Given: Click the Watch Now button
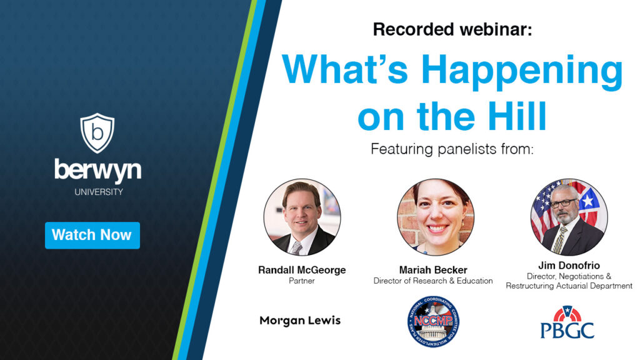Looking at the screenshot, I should pyautogui.click(x=92, y=235).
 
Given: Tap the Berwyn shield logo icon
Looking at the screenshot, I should pyautogui.click(x=97, y=132).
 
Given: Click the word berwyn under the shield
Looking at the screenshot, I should pyautogui.click(x=97, y=170).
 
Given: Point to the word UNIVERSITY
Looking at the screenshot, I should pyautogui.click(x=99, y=192).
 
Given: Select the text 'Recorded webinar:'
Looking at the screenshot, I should pyautogui.click(x=452, y=29).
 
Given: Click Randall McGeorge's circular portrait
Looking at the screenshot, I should pyautogui.click(x=302, y=217).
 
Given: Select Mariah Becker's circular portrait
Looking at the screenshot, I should pyautogui.click(x=436, y=217).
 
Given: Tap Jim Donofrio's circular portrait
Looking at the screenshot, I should pyautogui.click(x=569, y=217).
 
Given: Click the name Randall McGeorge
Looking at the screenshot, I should pyautogui.click(x=302, y=270).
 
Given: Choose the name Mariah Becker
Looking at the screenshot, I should pyautogui.click(x=433, y=270).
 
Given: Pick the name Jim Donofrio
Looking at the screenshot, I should pyautogui.click(x=569, y=266).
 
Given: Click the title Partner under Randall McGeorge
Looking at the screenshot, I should pyautogui.click(x=302, y=281).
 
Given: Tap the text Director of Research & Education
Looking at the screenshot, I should pyautogui.click(x=433, y=281).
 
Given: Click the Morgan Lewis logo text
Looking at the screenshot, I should pyautogui.click(x=300, y=321).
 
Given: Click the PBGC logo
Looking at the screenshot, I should pyautogui.click(x=567, y=322).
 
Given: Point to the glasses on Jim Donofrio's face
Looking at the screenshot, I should pyautogui.click(x=567, y=204).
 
